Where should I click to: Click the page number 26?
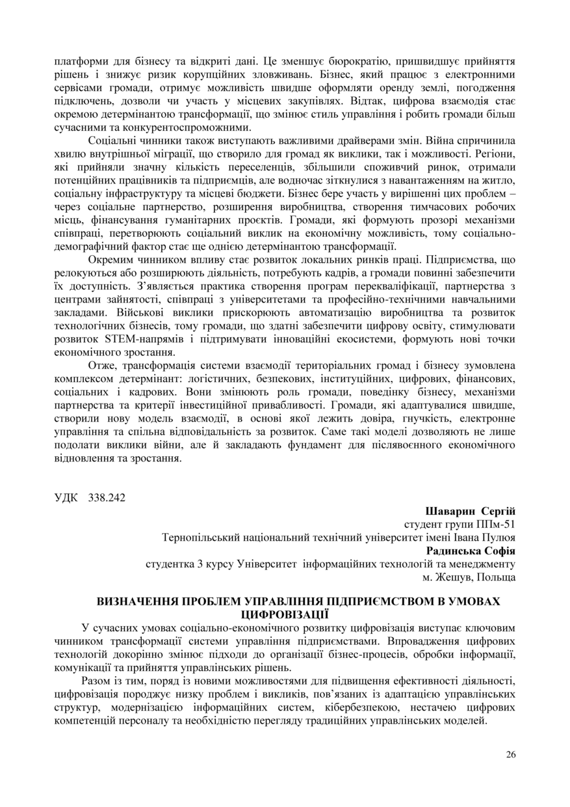pos(510,754)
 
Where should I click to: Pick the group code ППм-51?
pos(499,524)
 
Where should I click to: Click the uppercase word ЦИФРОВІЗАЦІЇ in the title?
pos(285,614)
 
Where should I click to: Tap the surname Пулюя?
pos(499,538)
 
